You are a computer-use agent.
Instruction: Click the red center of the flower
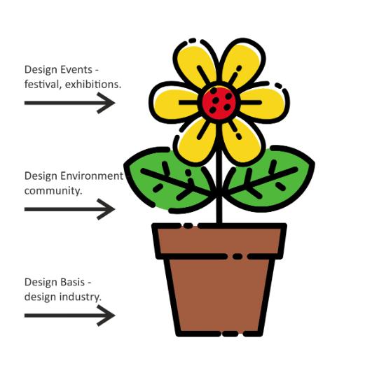[x=219, y=103]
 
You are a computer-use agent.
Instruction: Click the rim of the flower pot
[x=219, y=241]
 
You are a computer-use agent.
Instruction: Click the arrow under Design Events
[x=69, y=103]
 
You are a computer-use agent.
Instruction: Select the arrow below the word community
[x=69, y=209]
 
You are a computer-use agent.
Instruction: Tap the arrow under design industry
[x=69, y=316]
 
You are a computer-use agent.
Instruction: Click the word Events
[x=76, y=69]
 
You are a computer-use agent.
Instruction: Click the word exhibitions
[x=93, y=84]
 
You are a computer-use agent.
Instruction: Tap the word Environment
[x=92, y=176]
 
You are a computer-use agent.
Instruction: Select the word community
[x=53, y=191]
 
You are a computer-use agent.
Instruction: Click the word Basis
[x=73, y=282]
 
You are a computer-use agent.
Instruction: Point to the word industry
[x=80, y=297]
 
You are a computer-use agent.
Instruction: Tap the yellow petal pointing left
[x=175, y=103]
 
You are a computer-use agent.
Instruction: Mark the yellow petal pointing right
[x=264, y=103]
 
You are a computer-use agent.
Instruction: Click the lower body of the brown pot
[x=219, y=296]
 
